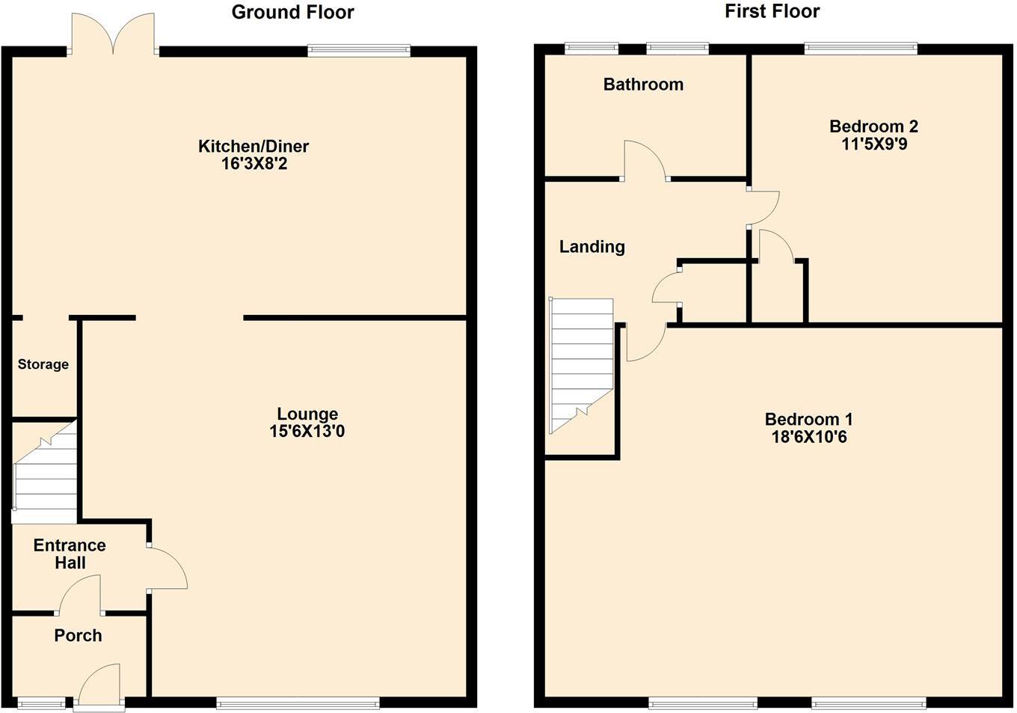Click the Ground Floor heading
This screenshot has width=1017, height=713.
pyautogui.click(x=292, y=12)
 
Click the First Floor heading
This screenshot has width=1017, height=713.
pyautogui.click(x=772, y=11)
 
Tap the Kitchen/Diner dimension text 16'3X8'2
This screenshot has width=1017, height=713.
pyautogui.click(x=254, y=163)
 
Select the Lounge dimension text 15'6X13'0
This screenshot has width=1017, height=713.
pyautogui.click(x=307, y=431)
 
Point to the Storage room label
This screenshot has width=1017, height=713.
pyautogui.click(x=43, y=364)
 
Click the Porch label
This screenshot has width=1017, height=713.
pyautogui.click(x=78, y=635)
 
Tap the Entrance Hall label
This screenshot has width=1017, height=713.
pyautogui.click(x=70, y=554)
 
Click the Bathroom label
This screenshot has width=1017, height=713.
pyautogui.click(x=643, y=85)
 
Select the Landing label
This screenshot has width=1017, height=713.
pyautogui.click(x=592, y=246)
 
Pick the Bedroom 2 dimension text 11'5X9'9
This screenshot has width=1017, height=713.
pyautogui.click(x=874, y=144)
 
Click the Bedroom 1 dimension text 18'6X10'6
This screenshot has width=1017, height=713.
pyautogui.click(x=809, y=437)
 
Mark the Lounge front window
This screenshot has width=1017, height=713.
pyautogui.click(x=298, y=703)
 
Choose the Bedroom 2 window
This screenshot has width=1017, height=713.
pyautogui.click(x=861, y=49)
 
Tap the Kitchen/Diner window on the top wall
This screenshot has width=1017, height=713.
pyautogui.click(x=359, y=50)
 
